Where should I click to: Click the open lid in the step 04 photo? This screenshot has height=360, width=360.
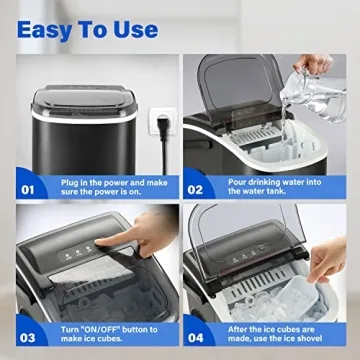[255, 240]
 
